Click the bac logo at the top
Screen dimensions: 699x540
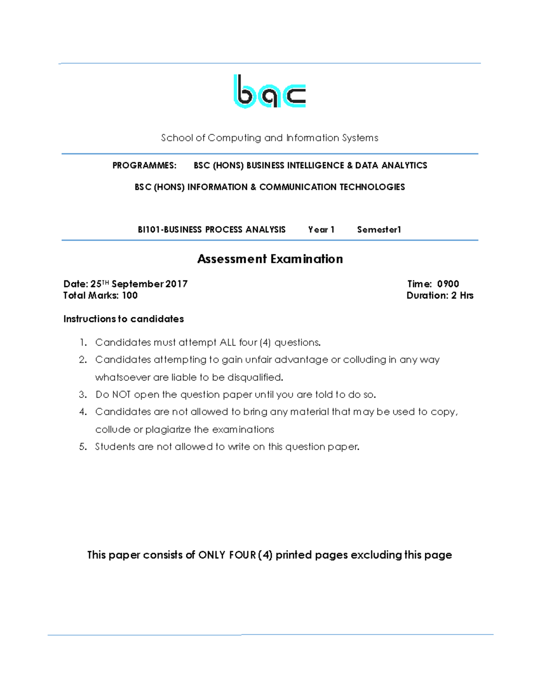coord(270,92)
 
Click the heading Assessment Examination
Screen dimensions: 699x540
coord(270,259)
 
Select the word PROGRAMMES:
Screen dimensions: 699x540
coord(144,166)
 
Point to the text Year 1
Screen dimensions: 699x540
coord(321,230)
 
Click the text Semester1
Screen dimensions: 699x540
coord(378,230)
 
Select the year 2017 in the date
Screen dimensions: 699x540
coord(176,284)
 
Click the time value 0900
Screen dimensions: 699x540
coord(448,284)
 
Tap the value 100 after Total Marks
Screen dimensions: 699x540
coord(130,296)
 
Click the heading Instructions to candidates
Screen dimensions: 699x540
coord(123,319)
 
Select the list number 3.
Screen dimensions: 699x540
coord(82,395)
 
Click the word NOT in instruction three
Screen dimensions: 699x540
coord(121,395)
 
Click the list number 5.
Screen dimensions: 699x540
coord(82,447)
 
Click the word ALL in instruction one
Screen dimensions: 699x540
coord(228,343)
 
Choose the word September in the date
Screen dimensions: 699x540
coord(137,284)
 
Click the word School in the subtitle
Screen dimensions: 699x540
coord(177,138)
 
